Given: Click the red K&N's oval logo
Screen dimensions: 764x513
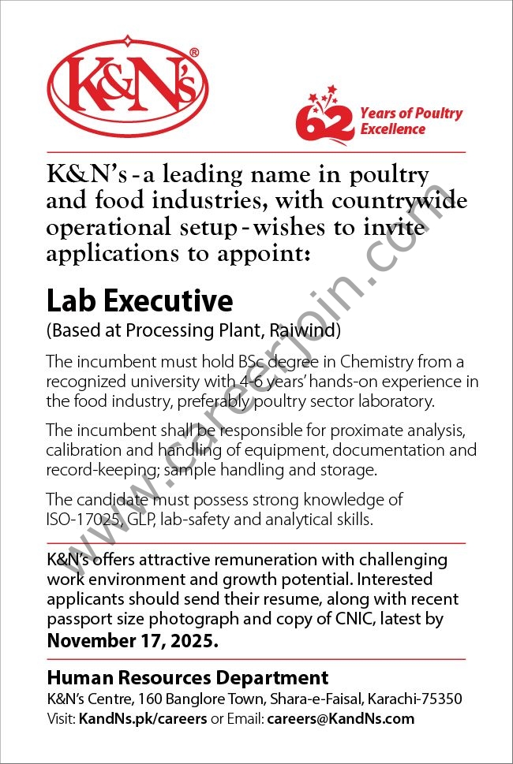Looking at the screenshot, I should click(127, 85).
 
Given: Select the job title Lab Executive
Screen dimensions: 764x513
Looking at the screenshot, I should click(140, 301).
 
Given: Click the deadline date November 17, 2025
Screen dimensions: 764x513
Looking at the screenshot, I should click(132, 640).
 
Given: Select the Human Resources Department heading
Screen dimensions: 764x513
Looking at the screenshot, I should click(188, 677).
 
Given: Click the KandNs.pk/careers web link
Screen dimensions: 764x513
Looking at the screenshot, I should click(143, 718).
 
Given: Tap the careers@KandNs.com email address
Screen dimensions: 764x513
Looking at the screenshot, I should click(340, 718).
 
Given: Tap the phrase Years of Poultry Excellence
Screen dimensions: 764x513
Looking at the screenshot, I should click(411, 121).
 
